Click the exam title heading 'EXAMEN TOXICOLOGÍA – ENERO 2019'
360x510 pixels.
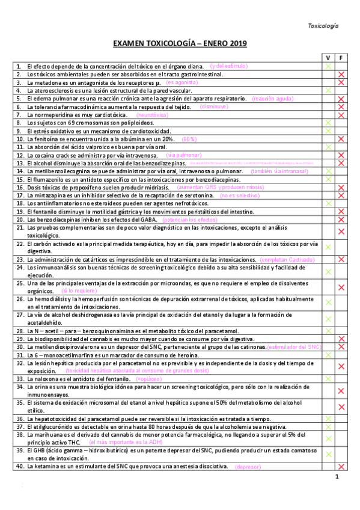click(180, 44)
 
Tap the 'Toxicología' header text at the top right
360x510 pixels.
click(323, 26)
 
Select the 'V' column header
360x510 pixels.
click(328, 57)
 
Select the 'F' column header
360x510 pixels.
click(341, 57)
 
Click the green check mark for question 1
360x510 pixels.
click(328, 66)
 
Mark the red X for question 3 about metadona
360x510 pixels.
click(341, 82)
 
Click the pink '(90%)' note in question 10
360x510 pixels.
click(190, 138)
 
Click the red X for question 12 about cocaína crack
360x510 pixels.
click(341, 155)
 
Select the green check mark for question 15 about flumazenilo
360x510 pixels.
click(328, 179)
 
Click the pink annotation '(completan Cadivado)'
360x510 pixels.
click(287, 259)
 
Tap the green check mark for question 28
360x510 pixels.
click(328, 331)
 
